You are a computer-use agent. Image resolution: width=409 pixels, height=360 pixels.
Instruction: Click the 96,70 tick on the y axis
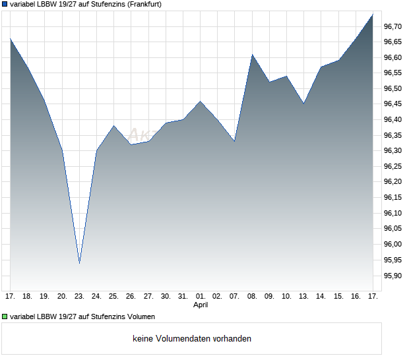393,26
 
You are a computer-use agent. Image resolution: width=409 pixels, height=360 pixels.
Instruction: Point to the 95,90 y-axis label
393,276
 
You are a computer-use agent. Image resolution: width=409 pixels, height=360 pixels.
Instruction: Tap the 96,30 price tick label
393,151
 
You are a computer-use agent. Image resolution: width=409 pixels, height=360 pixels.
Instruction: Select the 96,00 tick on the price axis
393,245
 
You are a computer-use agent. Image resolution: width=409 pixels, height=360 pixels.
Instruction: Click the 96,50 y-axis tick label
393,88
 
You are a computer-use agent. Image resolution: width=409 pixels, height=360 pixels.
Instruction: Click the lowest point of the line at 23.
79,263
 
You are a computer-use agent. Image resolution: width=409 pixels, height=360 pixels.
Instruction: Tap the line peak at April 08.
252,54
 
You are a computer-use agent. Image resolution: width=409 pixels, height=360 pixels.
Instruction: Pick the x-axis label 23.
79,296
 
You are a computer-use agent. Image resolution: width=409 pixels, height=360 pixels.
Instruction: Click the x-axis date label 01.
201,296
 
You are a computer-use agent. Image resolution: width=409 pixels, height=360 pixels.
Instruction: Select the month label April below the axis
201,305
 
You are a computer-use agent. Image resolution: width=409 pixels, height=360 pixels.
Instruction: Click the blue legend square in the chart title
5,4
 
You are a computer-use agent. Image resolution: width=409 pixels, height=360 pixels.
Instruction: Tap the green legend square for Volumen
5,317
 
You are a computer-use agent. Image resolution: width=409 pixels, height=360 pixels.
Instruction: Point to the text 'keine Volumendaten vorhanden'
191,339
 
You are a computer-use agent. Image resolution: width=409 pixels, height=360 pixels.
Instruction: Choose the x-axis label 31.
183,296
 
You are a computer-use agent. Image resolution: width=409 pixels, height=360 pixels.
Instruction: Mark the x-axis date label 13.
303,296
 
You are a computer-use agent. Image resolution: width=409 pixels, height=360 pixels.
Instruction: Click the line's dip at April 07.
234,141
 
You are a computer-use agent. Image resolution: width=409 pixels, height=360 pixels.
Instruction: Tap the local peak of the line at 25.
113,125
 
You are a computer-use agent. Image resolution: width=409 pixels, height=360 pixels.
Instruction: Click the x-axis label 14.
321,296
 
